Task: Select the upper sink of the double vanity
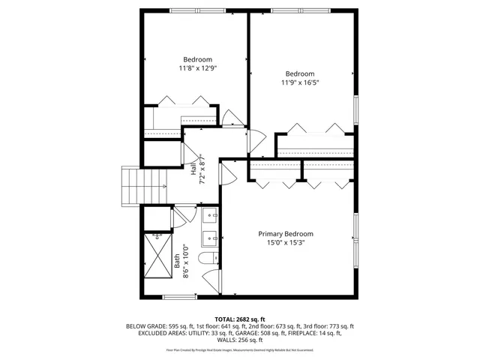(211, 216)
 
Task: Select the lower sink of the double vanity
(211, 239)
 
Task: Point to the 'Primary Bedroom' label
(286, 234)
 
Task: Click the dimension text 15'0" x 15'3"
(286, 242)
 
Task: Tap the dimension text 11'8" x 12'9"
(197, 68)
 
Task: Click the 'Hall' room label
(193, 169)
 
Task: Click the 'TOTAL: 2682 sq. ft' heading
(240, 319)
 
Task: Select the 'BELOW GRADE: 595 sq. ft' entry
(154, 326)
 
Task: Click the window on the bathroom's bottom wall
(180, 297)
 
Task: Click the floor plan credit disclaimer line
(240, 349)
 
